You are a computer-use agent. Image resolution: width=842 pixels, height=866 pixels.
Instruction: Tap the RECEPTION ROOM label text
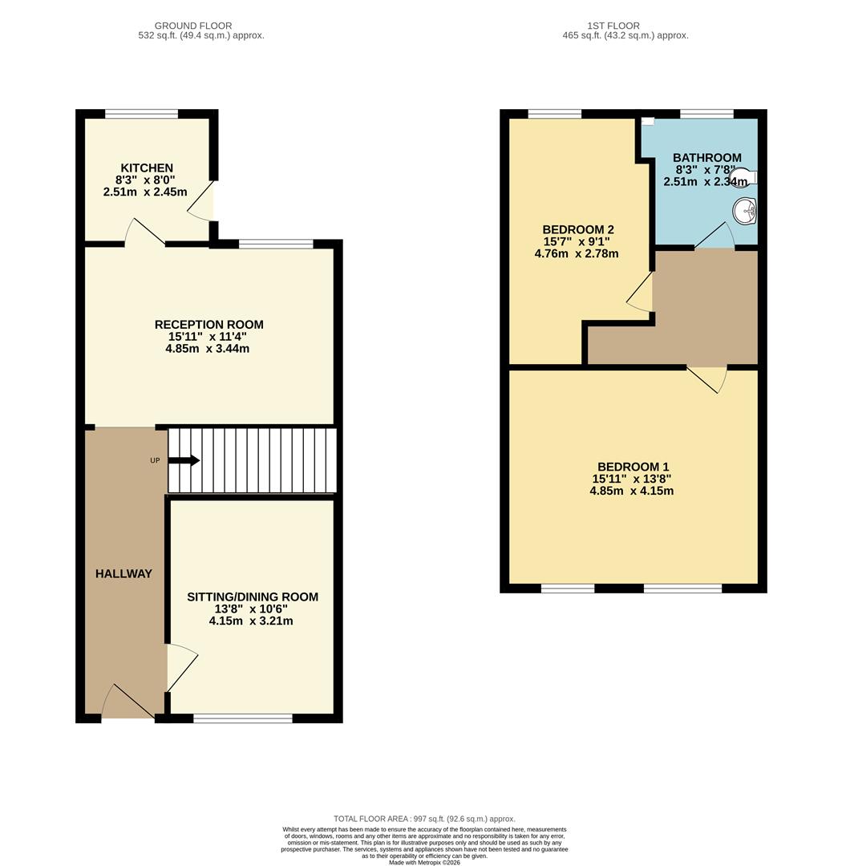coord(208,325)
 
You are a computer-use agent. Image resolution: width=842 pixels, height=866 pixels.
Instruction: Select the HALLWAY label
coord(123,573)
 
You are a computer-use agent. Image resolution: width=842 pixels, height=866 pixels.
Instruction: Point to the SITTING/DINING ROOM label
coord(252,597)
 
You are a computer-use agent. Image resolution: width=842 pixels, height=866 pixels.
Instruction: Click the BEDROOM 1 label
coord(633,467)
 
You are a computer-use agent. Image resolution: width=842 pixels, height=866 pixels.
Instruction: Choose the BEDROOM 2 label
coord(577,229)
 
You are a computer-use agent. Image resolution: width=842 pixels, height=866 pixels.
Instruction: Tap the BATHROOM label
coord(706,158)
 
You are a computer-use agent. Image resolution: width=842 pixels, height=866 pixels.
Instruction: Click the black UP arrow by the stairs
coord(184,460)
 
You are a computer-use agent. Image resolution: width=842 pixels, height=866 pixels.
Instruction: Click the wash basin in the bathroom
coord(745,211)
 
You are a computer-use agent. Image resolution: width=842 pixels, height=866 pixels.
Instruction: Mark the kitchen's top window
coord(141,114)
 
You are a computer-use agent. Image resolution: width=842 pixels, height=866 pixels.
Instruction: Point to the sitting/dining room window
coord(242,718)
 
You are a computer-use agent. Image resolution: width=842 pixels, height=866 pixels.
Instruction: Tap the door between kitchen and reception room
coord(145,233)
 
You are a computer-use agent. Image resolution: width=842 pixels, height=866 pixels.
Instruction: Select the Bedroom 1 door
coord(706,378)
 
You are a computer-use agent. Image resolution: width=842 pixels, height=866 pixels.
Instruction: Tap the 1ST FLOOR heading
coord(625,26)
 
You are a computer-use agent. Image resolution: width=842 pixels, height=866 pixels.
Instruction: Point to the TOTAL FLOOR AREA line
coord(424,819)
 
